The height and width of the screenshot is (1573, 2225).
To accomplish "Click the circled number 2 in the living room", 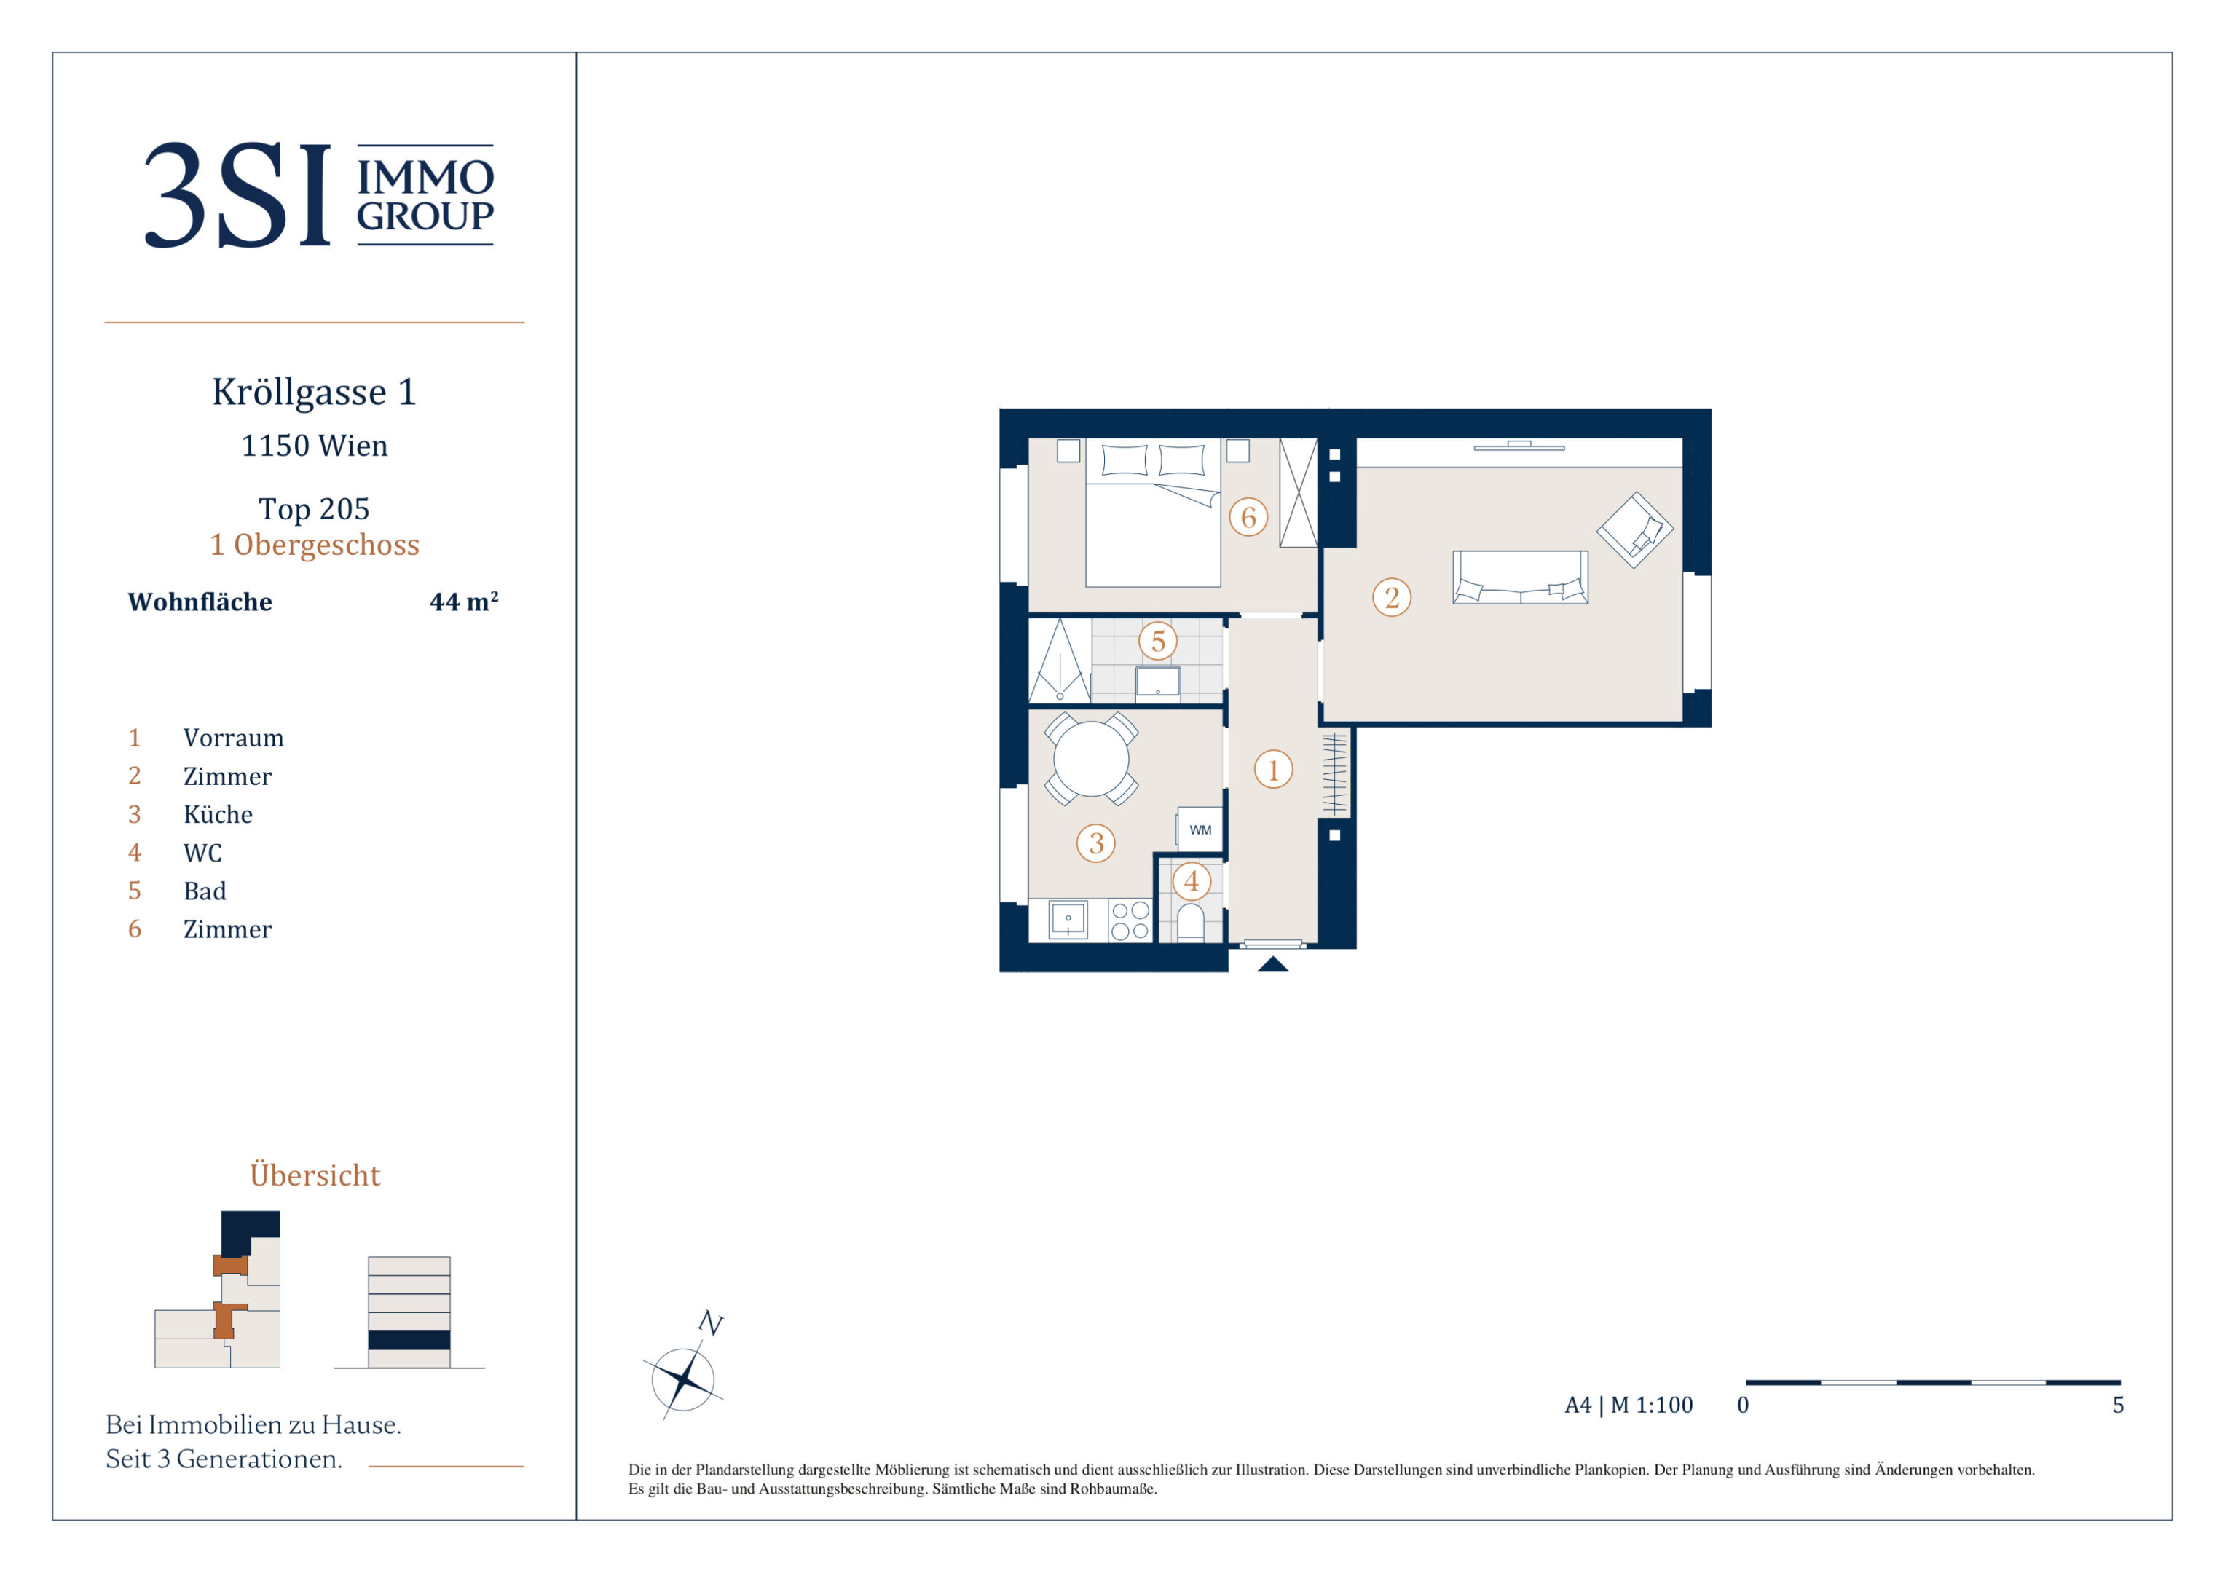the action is (x=1392, y=597).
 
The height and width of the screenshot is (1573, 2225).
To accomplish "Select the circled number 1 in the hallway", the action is (x=1273, y=770).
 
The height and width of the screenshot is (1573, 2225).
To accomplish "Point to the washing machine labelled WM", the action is (x=1200, y=829).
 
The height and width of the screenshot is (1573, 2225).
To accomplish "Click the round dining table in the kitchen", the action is (x=1091, y=759).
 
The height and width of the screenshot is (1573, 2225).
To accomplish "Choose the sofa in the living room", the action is (x=1519, y=577).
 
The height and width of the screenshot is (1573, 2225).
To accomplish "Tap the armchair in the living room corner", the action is (x=1635, y=529).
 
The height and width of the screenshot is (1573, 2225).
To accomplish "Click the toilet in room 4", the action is (x=1191, y=922).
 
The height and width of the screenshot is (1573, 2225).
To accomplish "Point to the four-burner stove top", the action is (x=1130, y=920).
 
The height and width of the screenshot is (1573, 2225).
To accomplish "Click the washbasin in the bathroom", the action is (x=1158, y=682).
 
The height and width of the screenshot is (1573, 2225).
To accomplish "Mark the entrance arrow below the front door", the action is (x=1272, y=963).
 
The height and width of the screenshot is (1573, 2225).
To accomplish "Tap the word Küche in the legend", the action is (x=218, y=814).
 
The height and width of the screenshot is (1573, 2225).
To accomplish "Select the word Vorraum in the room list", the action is (x=234, y=738).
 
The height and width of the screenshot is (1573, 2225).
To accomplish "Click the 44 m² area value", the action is (x=464, y=601).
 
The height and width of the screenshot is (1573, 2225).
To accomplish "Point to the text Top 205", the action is (x=314, y=509).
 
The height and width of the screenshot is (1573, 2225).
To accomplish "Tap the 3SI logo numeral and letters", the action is (x=237, y=195).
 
